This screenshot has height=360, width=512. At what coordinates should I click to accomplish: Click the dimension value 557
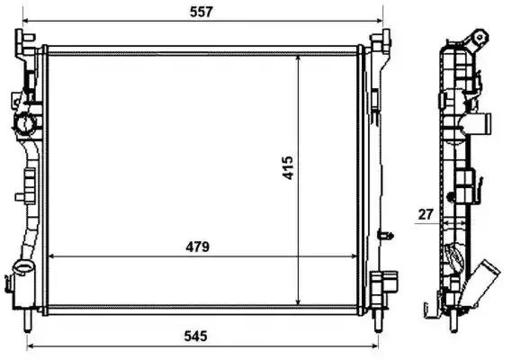click(202, 12)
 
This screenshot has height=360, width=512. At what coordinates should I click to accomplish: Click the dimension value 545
click(195, 336)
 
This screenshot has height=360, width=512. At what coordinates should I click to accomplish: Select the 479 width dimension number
click(197, 247)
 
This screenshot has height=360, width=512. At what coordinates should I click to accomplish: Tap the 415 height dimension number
click(288, 168)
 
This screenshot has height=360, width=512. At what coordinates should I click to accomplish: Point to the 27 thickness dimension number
click(425, 214)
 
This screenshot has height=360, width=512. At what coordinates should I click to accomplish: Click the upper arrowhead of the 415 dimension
click(298, 58)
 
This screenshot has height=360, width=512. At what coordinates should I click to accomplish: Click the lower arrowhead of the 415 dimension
click(298, 301)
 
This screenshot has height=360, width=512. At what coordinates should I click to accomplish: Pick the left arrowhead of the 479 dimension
click(52, 256)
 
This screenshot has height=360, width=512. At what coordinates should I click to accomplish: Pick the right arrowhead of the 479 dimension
click(354, 256)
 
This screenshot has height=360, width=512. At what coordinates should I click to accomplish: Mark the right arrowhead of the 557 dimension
click(379, 21)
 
